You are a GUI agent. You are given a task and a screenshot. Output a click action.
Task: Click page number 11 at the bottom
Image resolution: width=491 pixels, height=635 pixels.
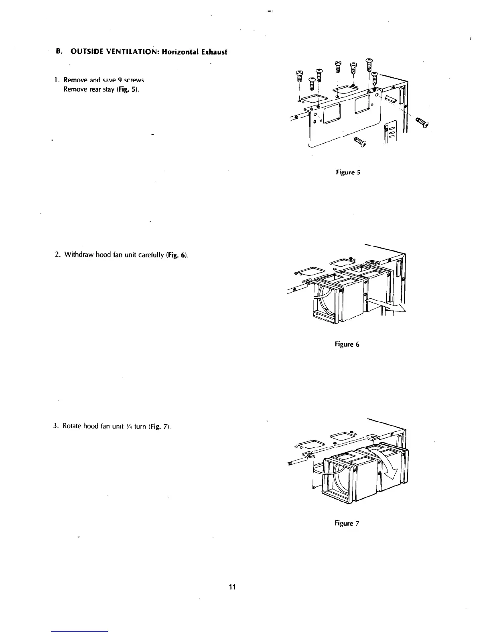pos(231,587)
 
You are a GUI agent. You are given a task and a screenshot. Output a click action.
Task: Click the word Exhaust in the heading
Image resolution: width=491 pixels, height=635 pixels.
pos(214,52)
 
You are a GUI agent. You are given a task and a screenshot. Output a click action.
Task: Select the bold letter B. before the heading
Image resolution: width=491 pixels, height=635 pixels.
pos(59,52)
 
